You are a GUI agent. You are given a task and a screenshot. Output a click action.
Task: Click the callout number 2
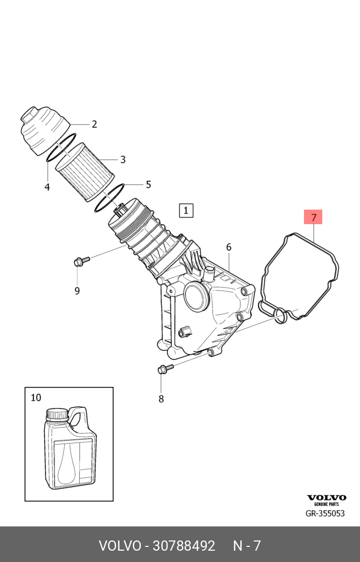click(94, 124)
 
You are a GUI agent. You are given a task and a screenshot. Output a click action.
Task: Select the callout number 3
click(123, 159)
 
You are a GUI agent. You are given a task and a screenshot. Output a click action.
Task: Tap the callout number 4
click(47, 187)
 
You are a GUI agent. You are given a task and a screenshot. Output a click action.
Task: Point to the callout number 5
click(148, 185)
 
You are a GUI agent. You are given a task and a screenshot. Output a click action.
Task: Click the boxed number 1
click(186, 210)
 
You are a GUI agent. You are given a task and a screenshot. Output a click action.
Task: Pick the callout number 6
click(229, 247)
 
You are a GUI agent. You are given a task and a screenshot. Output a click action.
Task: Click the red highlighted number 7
click(314, 217)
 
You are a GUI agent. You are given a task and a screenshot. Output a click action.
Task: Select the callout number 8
click(161, 399)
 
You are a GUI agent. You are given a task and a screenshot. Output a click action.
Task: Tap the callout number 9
click(77, 290)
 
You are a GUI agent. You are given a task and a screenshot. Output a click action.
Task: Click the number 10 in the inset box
click(36, 398)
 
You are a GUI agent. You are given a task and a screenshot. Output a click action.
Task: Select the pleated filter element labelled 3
click(85, 172)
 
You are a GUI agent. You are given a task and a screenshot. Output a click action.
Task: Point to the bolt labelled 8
click(165, 368)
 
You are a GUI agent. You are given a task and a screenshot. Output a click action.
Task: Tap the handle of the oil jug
click(80, 419)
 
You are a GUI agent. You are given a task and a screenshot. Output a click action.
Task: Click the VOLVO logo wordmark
click(327, 497)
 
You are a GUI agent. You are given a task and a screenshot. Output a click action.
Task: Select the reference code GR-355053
click(325, 514)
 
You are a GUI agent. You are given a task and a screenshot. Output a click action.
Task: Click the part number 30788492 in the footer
click(184, 545)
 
